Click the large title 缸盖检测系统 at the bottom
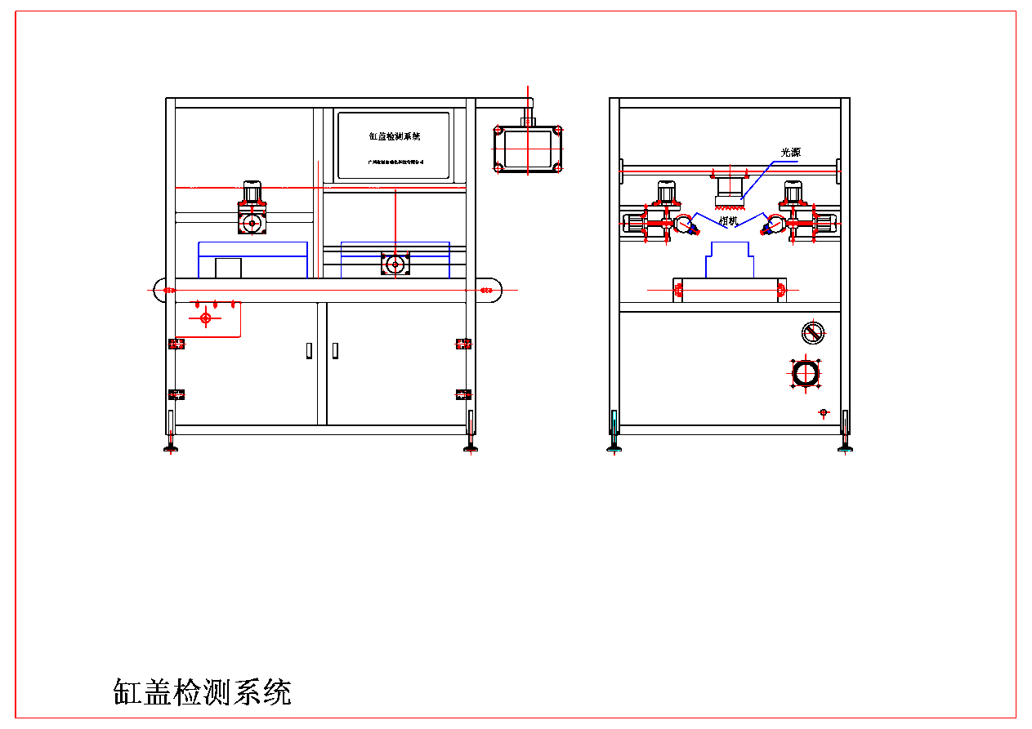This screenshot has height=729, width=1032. tap(202, 692)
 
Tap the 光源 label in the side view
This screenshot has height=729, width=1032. tap(792, 153)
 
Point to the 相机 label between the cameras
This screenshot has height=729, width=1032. tap(728, 220)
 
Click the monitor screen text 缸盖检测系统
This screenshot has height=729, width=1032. tap(394, 136)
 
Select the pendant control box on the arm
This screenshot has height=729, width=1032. tap(528, 149)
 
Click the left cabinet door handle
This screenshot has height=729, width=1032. tap(309, 350)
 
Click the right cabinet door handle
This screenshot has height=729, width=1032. tap(335, 350)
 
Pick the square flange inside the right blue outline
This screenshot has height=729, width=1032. tap(395, 264)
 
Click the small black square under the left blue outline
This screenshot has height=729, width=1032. tap(228, 268)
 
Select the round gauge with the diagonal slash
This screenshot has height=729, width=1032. tap(813, 332)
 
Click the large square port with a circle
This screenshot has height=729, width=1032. tap(806, 373)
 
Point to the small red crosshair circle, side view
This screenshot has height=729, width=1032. tap(824, 412)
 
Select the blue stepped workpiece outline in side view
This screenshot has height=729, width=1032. tap(729, 260)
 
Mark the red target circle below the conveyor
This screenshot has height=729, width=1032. tap(205, 318)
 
